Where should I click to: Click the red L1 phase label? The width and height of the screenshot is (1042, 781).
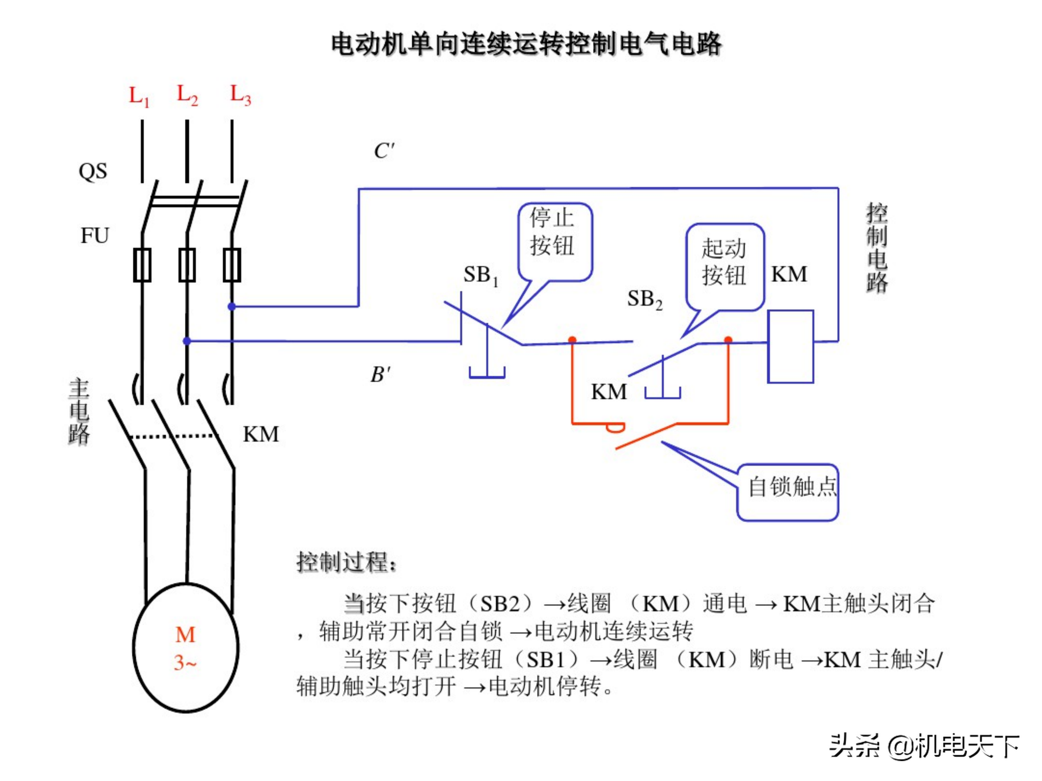139,97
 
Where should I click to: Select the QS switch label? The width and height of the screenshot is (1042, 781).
93,171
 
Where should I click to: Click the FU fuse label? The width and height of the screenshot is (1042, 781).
95,235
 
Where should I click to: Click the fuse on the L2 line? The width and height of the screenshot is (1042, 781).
187,265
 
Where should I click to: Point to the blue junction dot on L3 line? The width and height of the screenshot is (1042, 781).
231,307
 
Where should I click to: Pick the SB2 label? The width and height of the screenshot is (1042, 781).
644,299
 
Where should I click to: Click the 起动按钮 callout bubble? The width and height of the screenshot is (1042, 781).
724,266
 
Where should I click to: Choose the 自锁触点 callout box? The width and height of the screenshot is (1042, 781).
787,492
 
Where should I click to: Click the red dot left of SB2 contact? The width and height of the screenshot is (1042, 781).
572,340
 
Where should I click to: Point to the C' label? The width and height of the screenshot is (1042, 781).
384,151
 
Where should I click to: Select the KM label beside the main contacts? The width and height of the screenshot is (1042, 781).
260,434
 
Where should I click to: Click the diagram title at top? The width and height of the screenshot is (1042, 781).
526,44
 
